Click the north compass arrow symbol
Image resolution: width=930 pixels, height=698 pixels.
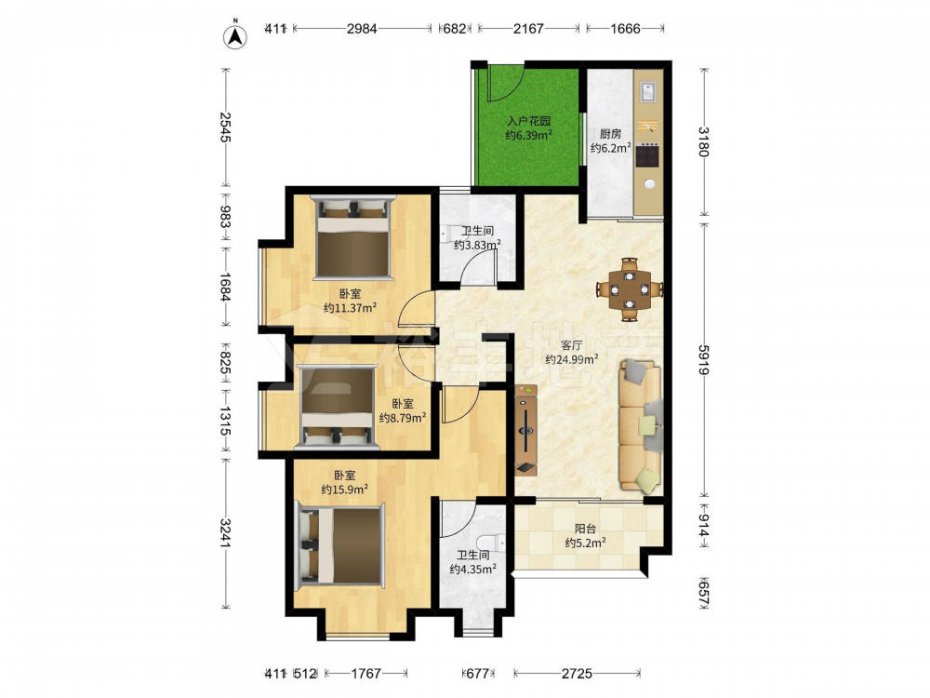235,35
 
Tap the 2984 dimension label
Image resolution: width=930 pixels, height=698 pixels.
362,29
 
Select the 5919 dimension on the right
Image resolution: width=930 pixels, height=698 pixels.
703,358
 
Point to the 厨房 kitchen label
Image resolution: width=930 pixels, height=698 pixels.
610,133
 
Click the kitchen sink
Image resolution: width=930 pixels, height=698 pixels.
647,91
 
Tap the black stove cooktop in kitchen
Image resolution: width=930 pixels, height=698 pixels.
647,155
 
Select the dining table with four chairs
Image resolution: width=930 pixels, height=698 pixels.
630,289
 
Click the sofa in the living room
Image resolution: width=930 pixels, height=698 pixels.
641,426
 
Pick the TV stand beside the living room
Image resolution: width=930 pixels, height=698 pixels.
525,430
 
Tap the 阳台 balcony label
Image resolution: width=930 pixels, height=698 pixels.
585,529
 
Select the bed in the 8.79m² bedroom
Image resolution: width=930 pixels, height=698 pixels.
339,406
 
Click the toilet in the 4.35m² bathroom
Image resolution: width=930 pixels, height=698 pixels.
492,542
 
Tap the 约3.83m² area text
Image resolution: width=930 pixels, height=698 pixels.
477,245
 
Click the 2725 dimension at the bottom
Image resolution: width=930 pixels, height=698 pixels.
578,673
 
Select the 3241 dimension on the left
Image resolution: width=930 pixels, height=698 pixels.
226,533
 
